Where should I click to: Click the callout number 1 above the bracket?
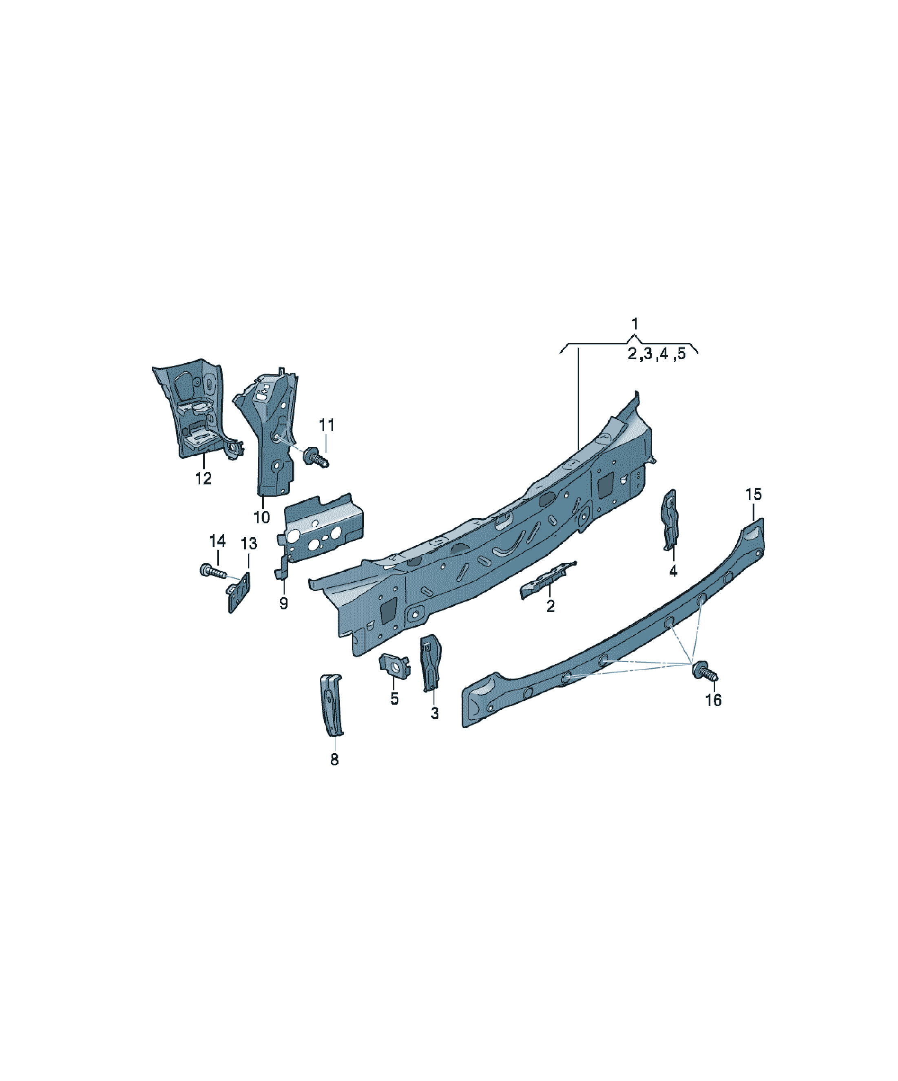click(635, 324)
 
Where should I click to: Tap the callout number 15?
click(753, 495)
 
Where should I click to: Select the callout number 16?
click(713, 700)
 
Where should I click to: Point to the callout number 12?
click(203, 479)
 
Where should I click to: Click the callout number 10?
click(261, 517)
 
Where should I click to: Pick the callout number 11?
click(326, 425)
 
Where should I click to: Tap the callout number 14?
click(217, 541)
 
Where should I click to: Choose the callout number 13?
click(249, 544)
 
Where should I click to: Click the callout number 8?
click(334, 759)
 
